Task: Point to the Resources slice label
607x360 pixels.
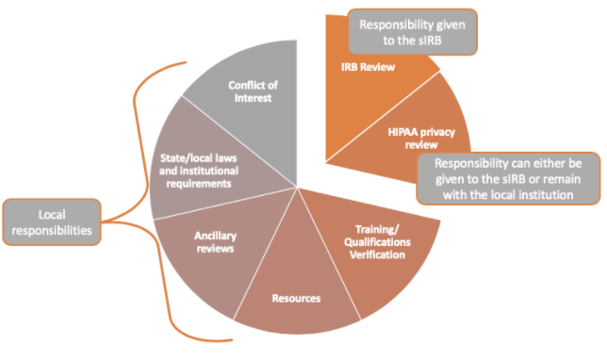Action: click(x=296, y=298)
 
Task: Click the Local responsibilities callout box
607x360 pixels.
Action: click(x=52, y=221)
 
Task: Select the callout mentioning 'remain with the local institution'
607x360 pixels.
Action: click(x=508, y=177)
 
